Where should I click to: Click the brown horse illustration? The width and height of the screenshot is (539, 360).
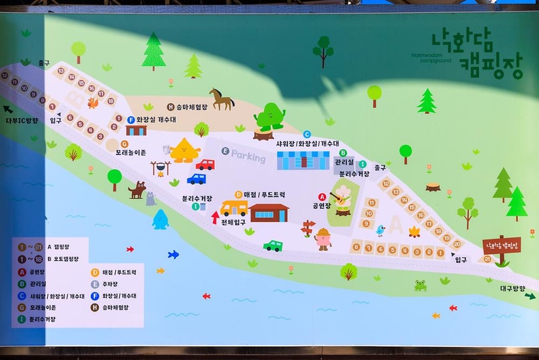pos(221,99)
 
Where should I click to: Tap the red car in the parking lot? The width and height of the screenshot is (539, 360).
pos(205,164)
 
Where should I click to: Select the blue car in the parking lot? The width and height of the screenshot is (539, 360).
pos(196,179)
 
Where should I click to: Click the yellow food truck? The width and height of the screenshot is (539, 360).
pos(234,208)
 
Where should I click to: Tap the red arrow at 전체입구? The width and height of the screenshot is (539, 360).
pos(216,217)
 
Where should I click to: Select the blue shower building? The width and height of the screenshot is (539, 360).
pos(303,160)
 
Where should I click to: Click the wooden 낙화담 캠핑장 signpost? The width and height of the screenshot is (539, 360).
pos(502,246)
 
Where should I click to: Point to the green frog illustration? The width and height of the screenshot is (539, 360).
pos(420,285)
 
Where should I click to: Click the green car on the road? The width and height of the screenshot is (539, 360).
pos(273,245)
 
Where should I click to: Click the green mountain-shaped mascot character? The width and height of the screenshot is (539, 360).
pos(269,117)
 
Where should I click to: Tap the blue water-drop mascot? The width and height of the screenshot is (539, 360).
pos(160,219)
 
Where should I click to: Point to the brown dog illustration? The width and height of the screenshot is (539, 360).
pos(137,190)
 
